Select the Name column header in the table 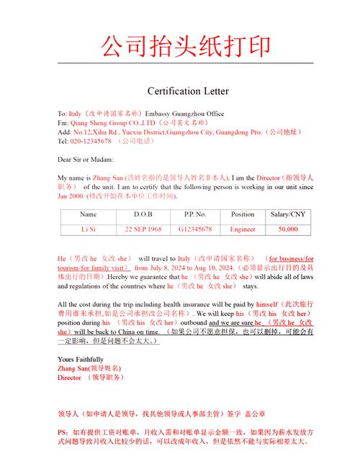pyautogui.click(x=89, y=214)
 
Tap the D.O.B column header pyautogui.click(x=143, y=214)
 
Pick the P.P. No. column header pyautogui.click(x=192, y=214)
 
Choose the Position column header pyautogui.click(x=243, y=214)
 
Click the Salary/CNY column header pyautogui.click(x=287, y=214)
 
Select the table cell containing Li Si pyautogui.click(x=89, y=228)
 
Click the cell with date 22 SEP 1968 pyautogui.click(x=143, y=228)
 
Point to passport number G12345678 pyautogui.click(x=192, y=228)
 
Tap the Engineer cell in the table pyautogui.click(x=243, y=228)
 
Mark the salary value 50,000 pyautogui.click(x=287, y=228)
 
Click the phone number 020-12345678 pyautogui.click(x=91, y=141)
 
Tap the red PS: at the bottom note pyautogui.click(x=63, y=432)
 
